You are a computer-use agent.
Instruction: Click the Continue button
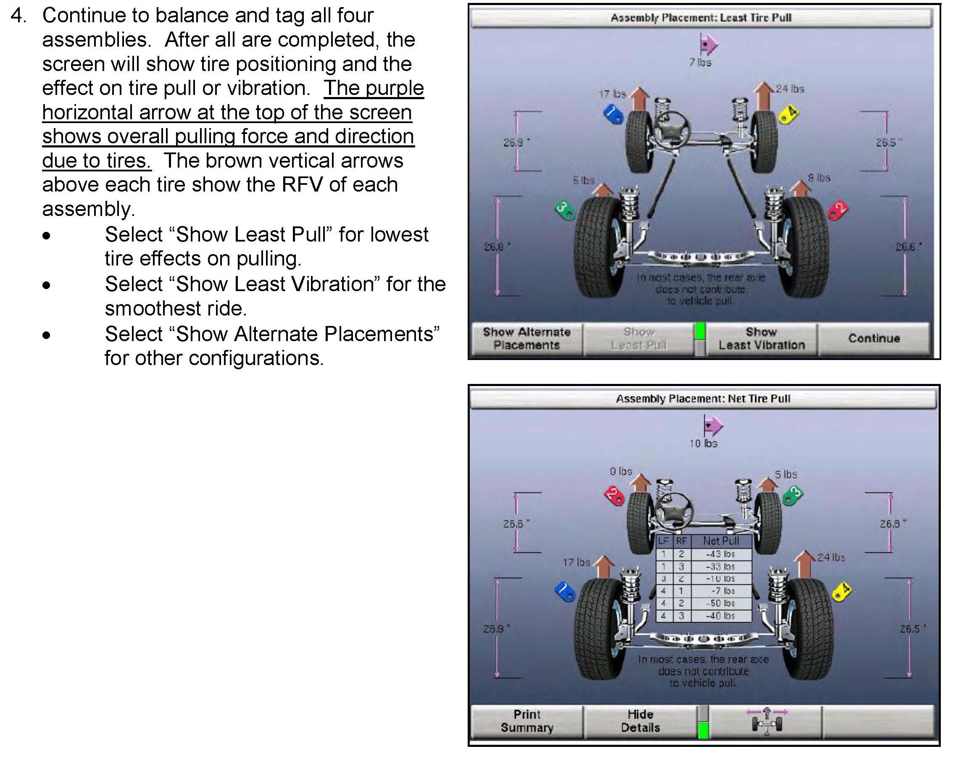874,338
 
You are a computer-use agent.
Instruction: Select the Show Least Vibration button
761,339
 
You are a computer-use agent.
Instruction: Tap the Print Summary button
527,721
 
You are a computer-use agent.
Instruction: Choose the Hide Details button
640,721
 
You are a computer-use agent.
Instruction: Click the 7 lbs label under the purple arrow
700,63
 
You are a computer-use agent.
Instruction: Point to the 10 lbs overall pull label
703,444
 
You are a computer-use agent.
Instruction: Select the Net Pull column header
721,541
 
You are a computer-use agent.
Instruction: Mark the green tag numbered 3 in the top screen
563,210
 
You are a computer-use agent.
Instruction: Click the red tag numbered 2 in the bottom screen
614,495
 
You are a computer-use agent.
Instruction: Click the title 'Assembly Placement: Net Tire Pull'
703,399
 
